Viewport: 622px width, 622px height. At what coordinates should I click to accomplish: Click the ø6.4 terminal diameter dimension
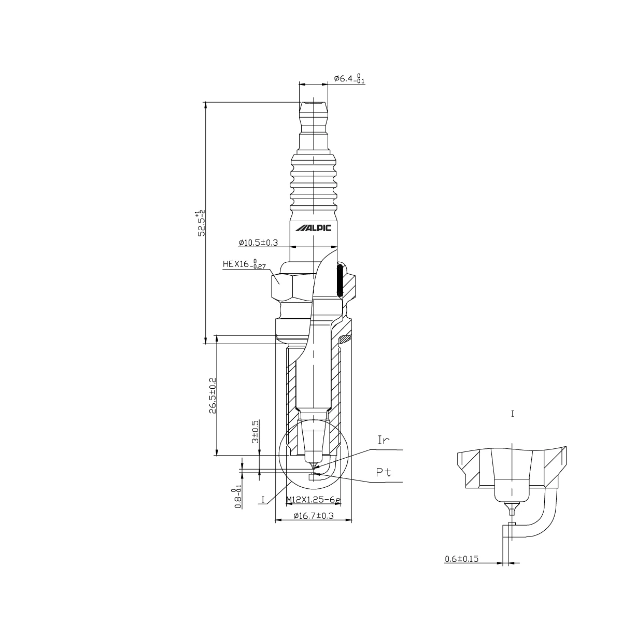pyautogui.click(x=349, y=79)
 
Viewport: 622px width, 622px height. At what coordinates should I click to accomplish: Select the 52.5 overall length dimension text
pyautogui.click(x=202, y=224)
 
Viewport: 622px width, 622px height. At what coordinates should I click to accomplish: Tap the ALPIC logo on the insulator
pyautogui.click(x=314, y=229)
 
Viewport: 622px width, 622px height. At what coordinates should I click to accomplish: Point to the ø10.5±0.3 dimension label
pyautogui.click(x=258, y=243)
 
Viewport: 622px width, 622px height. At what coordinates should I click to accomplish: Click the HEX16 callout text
pyautogui.click(x=244, y=264)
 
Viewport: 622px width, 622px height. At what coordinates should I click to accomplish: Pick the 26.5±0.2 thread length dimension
pyautogui.click(x=213, y=395)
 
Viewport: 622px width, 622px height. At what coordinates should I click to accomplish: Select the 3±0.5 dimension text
pyautogui.click(x=256, y=432)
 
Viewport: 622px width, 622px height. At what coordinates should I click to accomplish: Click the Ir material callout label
pyautogui.click(x=384, y=440)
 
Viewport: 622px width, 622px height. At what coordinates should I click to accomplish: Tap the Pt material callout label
pyautogui.click(x=384, y=473)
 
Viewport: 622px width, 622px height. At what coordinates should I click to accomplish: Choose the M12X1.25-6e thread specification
pyautogui.click(x=314, y=500)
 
